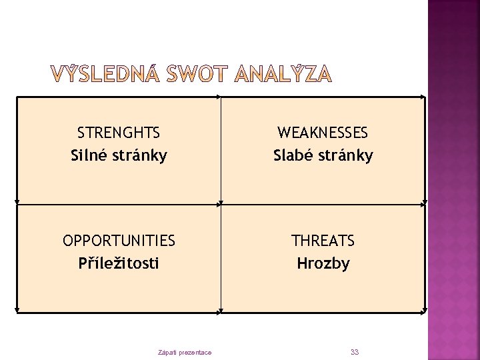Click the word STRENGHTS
pos(119,133)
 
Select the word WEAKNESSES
pos(323,133)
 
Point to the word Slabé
pos(293,155)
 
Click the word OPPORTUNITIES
pos(119,240)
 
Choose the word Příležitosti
pos(119,263)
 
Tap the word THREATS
pos(323,240)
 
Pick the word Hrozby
pos(323,263)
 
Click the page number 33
pos(354,351)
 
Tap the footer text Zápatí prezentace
pos(185,352)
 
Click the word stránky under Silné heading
pos(141,155)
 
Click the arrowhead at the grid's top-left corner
pos(17,98)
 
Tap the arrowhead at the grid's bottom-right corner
pos(425,311)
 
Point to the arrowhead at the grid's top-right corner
pos(425,98)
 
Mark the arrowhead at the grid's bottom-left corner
pos(17,311)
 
